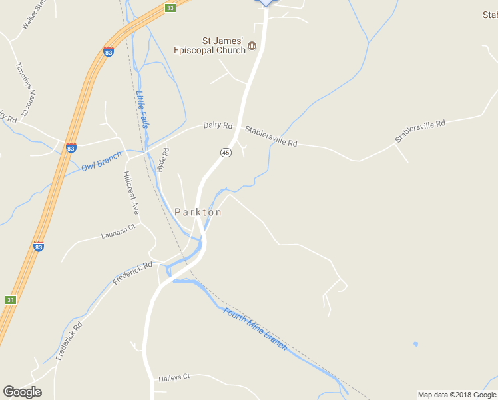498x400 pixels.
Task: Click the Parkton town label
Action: click(x=198, y=212)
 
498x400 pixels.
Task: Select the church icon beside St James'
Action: click(x=252, y=46)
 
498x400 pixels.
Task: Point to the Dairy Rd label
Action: click(x=218, y=125)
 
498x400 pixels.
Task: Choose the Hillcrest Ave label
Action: click(x=130, y=192)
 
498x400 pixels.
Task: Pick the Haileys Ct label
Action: click(x=174, y=377)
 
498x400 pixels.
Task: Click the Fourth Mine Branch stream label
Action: click(x=256, y=329)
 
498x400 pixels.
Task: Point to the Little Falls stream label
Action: click(x=143, y=109)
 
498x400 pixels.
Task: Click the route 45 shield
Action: click(x=226, y=153)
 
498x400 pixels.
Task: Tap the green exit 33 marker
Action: click(x=171, y=8)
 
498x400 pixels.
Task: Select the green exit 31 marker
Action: click(x=10, y=300)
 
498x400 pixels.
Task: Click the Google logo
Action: click(x=22, y=392)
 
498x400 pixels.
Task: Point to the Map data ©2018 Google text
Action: click(x=457, y=395)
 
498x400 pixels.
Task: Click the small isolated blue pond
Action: click(x=415, y=345)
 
